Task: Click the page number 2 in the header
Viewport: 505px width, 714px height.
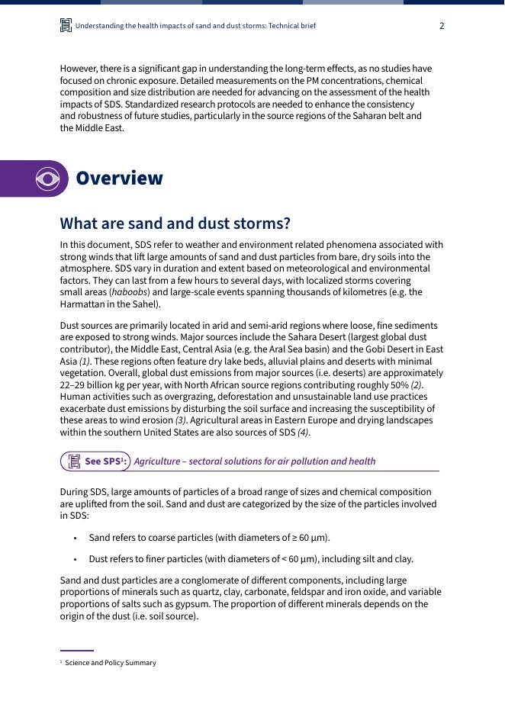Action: (x=442, y=26)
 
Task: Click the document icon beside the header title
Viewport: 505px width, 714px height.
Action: (x=66, y=26)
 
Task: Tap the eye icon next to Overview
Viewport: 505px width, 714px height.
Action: (x=47, y=178)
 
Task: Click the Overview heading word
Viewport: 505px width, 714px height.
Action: (x=119, y=178)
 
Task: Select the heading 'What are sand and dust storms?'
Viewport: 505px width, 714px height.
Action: (x=175, y=224)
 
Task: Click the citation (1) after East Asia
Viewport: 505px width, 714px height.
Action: (x=85, y=362)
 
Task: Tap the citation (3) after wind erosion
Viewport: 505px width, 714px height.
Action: (x=181, y=420)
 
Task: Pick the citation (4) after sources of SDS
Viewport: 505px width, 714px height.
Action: (x=303, y=433)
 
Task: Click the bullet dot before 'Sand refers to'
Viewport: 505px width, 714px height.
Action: (x=75, y=539)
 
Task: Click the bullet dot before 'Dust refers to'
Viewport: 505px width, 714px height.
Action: (x=75, y=559)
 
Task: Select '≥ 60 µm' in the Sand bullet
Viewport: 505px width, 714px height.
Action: (x=308, y=538)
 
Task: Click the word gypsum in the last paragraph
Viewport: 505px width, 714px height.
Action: (x=172, y=604)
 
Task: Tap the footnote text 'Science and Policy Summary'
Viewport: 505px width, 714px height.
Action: (x=111, y=663)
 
